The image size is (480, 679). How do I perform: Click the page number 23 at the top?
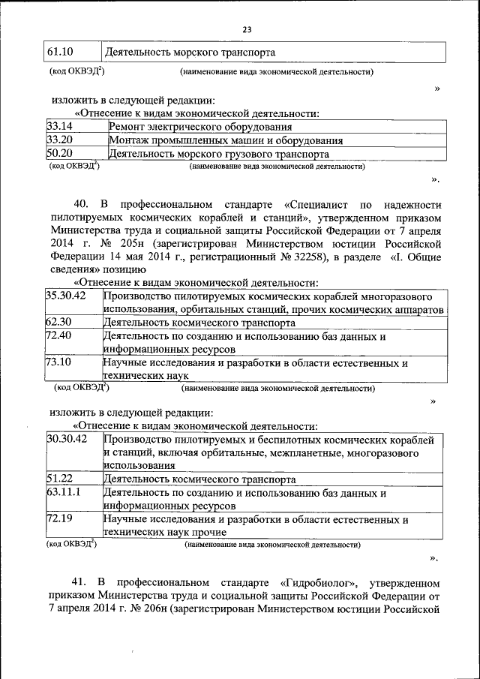247,29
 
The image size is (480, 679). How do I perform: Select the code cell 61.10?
59,53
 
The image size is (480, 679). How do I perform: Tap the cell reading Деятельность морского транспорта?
190,53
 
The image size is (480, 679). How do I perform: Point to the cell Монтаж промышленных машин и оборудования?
226,140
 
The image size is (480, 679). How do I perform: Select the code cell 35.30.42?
67,296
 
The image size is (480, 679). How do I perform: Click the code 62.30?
59,323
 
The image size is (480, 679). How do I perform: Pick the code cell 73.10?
59,363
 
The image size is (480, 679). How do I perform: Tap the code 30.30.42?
67,439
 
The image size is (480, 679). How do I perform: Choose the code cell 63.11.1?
64,492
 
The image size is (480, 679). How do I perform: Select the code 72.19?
59,518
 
